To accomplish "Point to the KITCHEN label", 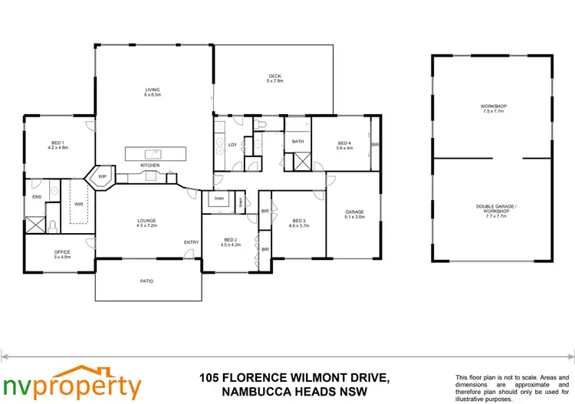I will [x=149, y=166].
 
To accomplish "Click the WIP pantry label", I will [x=101, y=176].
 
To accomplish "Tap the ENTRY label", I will [x=191, y=242].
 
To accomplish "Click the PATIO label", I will [x=146, y=281].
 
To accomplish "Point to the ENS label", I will [x=36, y=197].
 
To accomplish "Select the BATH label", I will [x=298, y=142].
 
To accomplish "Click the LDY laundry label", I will [x=232, y=144].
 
